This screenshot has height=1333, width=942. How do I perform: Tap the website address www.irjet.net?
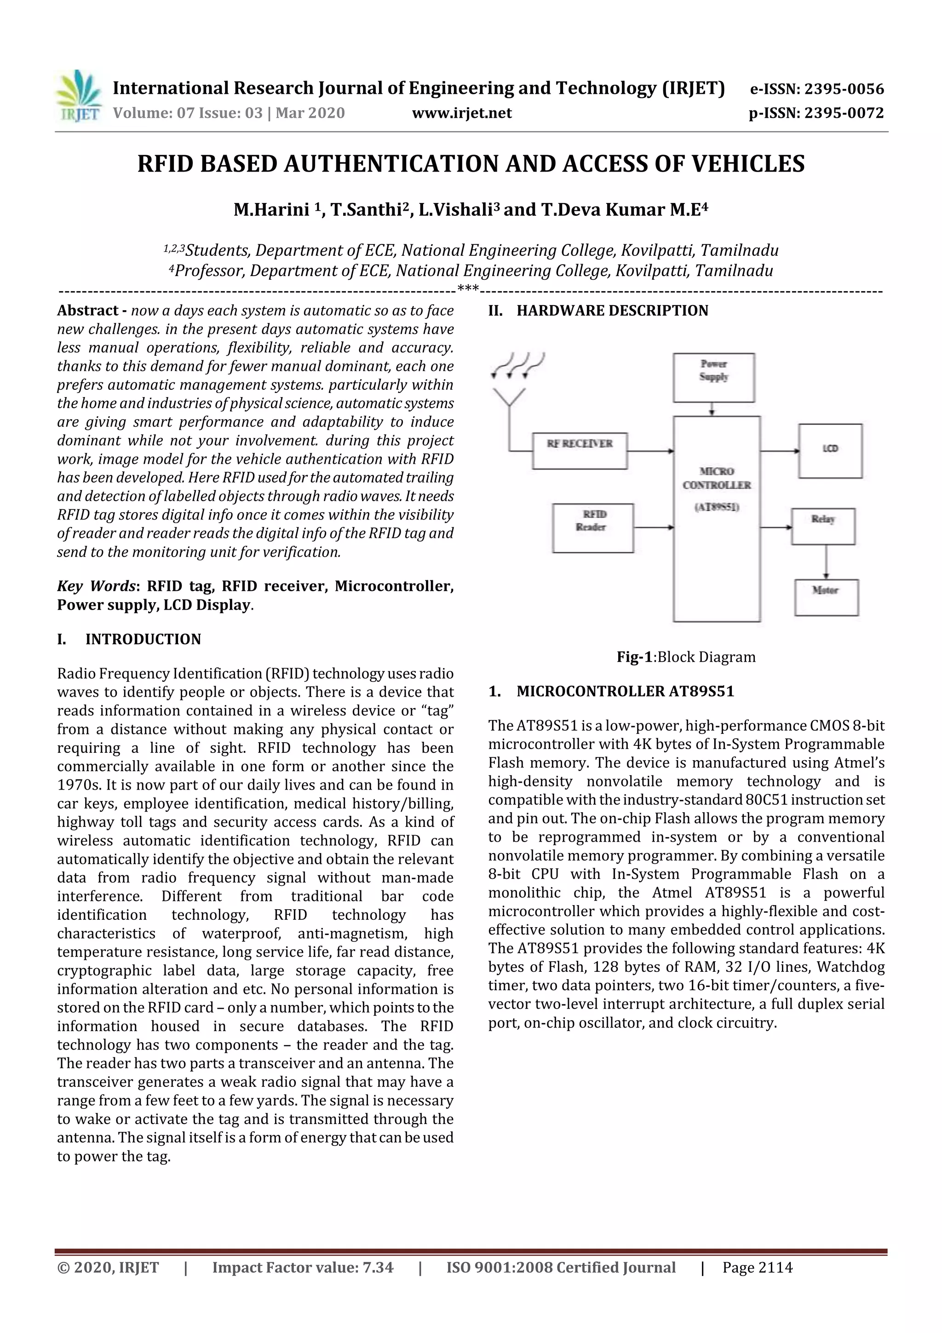coord(461,113)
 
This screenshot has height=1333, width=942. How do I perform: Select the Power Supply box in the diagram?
coord(713,377)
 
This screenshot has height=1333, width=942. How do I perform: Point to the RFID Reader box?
coord(592,527)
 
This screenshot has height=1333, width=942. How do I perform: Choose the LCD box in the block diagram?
coord(830,450)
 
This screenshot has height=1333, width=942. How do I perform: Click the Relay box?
coord(822,526)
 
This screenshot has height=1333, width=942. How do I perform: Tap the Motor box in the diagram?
coord(826,597)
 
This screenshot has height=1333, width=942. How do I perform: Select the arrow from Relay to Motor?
coord(826,561)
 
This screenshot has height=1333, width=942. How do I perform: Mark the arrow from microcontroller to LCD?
coord(779,450)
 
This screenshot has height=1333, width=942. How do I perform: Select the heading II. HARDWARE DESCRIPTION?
coord(598,311)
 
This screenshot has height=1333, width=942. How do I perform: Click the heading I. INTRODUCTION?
coord(128,639)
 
